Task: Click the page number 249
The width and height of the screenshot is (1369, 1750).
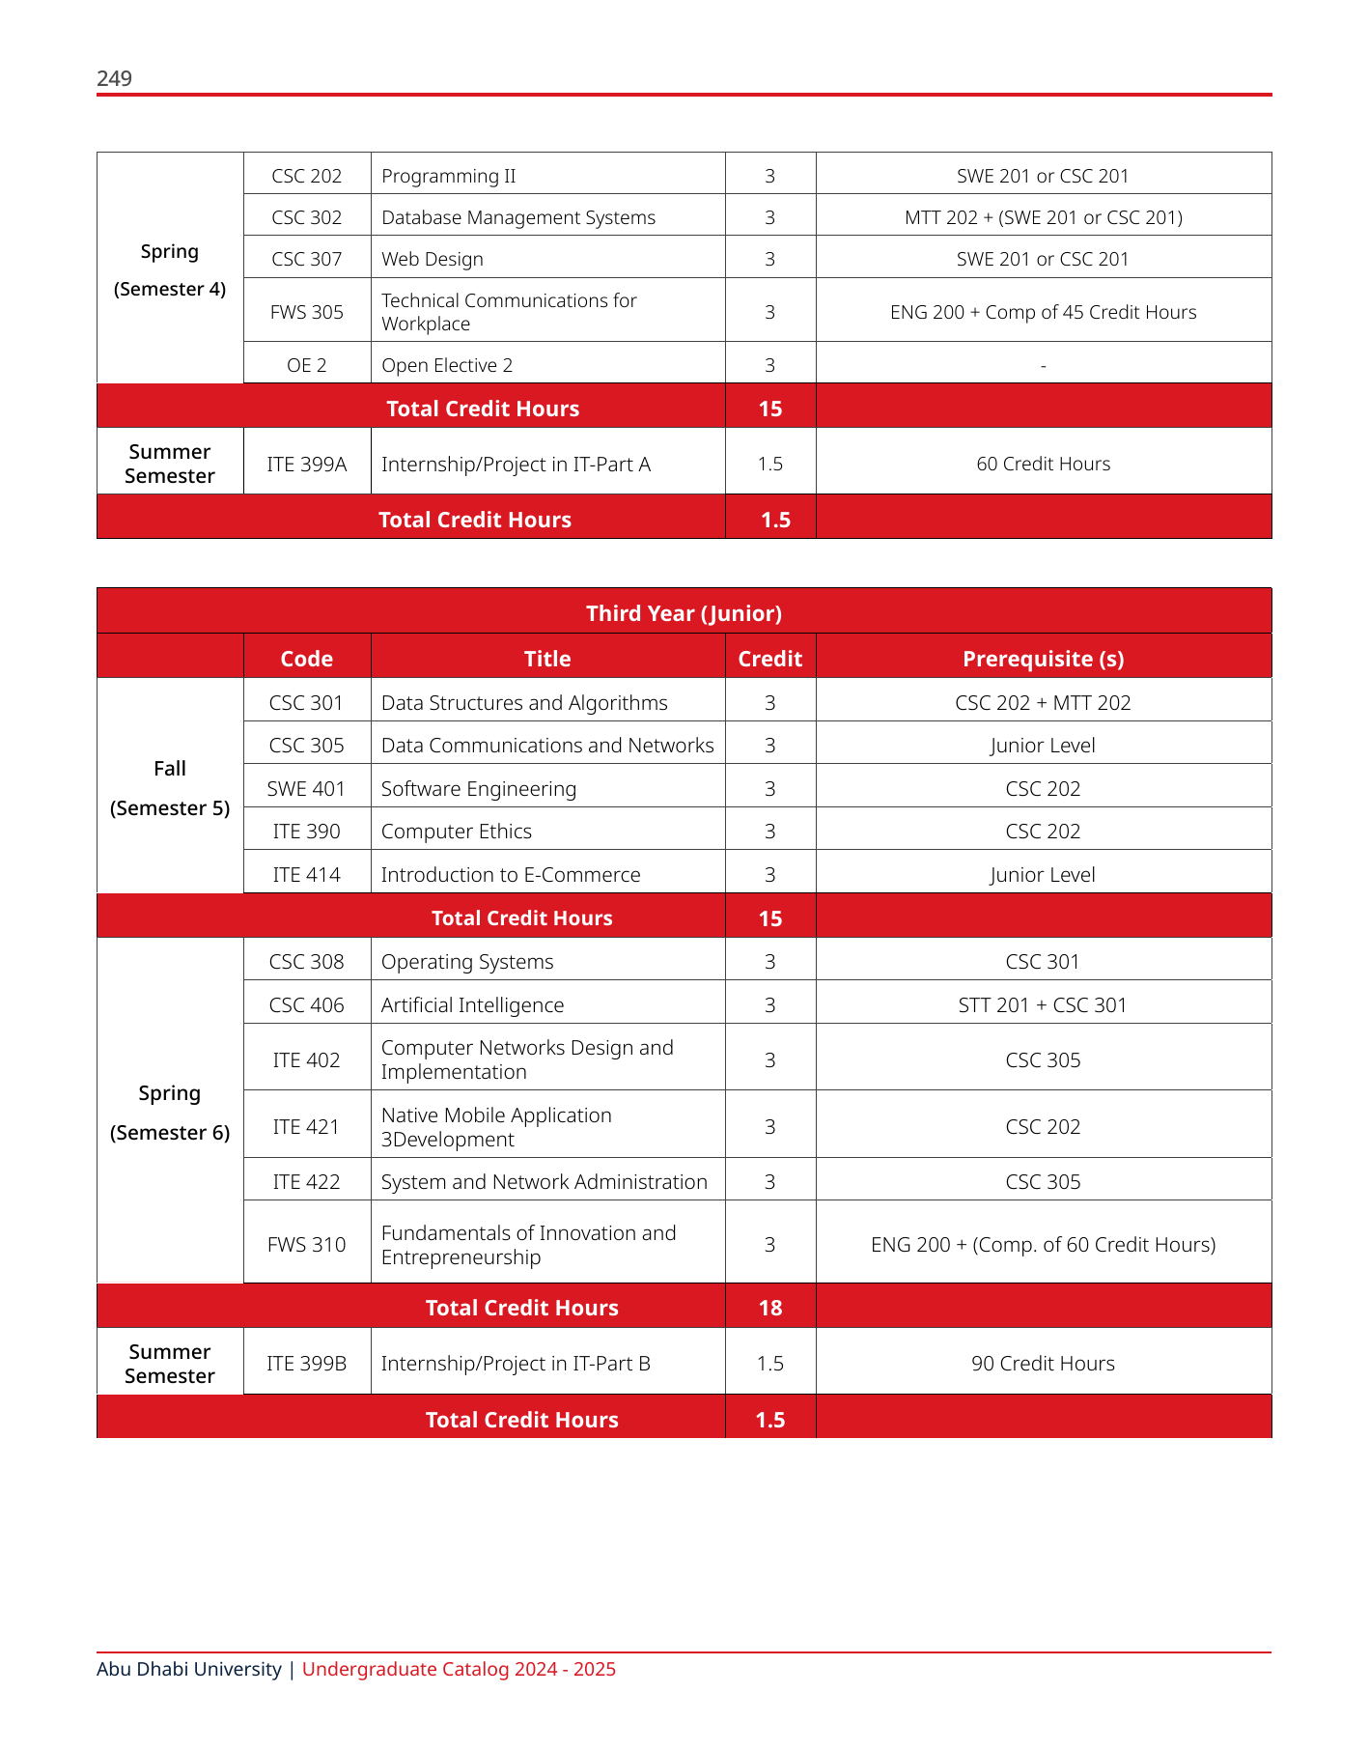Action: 114,78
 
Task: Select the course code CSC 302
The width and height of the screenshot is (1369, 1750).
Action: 307,217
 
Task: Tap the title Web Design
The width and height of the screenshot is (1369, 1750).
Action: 433,259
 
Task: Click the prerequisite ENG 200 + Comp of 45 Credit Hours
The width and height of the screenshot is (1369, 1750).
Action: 1043,312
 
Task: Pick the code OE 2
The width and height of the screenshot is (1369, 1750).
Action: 307,365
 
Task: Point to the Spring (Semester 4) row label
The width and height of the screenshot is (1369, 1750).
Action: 170,269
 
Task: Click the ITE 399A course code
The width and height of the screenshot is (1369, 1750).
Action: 307,464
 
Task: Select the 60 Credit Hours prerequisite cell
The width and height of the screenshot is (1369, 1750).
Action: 1043,464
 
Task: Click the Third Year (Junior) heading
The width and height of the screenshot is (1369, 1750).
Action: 684,613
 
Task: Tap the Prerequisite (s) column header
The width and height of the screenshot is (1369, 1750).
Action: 1043,659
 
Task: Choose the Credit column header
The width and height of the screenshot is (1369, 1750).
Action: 769,659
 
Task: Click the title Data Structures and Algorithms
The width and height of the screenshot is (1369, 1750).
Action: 524,702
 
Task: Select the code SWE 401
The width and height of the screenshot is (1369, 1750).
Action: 306,788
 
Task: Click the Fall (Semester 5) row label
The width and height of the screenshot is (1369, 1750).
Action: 170,787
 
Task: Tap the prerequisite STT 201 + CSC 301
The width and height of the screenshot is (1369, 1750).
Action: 1043,1004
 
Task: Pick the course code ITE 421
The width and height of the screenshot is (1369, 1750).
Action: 306,1126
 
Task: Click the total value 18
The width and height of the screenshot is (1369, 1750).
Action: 770,1308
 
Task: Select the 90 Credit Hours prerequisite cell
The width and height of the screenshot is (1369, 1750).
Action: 1043,1363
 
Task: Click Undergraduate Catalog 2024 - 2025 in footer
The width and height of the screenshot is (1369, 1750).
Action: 459,1669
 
